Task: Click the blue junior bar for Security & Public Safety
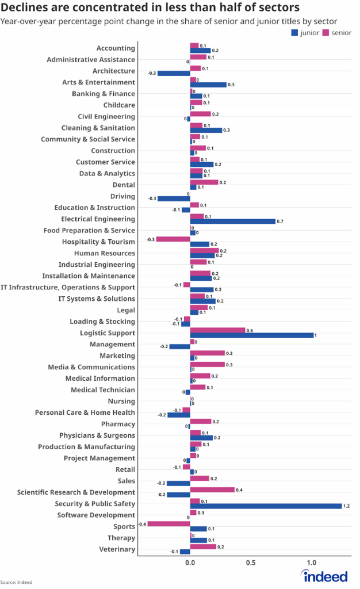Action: (266, 506)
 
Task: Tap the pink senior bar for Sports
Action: (168, 523)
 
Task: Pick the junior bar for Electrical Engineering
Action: (233, 221)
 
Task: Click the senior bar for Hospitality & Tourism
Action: (173, 239)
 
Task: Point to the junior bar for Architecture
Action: (174, 74)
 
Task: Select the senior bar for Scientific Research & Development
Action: (212, 489)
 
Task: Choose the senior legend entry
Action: (338, 33)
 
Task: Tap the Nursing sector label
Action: (121, 401)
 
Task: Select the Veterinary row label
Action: (117, 549)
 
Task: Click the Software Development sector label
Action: (97, 515)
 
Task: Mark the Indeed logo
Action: (325, 576)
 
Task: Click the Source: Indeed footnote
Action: (16, 582)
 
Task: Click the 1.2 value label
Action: (347, 506)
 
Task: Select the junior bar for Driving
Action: (174, 199)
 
